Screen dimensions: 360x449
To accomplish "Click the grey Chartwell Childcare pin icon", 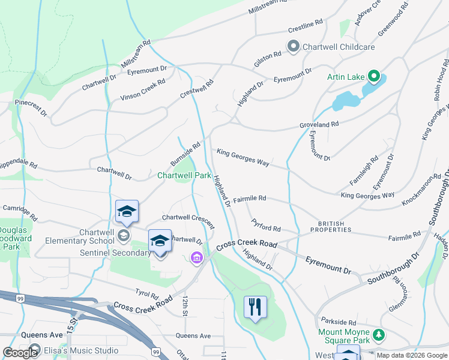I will click(x=294, y=46).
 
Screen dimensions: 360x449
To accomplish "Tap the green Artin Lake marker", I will click(x=373, y=76).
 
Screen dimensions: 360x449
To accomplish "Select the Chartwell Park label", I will click(x=184, y=175).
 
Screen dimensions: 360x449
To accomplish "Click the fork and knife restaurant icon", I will click(x=256, y=307).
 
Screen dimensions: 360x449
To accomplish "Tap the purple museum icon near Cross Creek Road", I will click(x=196, y=258).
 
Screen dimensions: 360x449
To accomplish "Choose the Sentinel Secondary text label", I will click(x=115, y=253).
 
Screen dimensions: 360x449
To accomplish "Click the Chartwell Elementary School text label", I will click(x=80, y=236).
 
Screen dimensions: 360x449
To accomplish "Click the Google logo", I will click(x=20, y=353).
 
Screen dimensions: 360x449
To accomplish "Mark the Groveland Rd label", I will click(x=320, y=124).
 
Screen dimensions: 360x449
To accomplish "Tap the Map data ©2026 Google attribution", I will click(x=411, y=355).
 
